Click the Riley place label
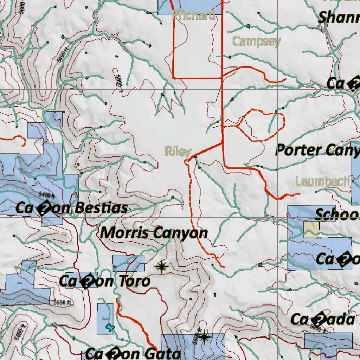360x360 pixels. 178,152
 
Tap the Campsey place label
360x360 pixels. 257,41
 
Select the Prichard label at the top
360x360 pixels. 194,15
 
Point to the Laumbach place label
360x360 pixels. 323,181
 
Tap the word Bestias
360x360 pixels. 101,208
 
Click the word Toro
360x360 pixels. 133,281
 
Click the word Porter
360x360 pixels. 297,150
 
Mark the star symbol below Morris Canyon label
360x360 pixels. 161,267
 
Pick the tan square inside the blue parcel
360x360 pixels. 311,229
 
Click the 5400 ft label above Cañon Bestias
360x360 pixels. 47,194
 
